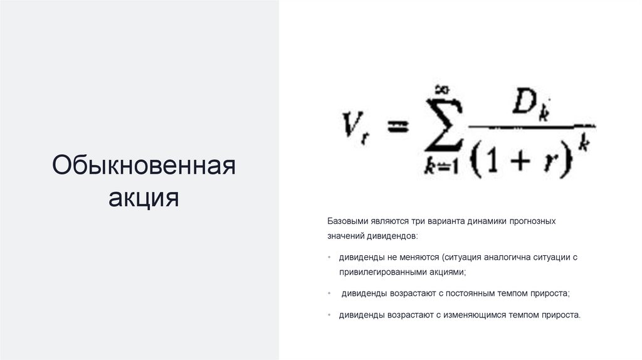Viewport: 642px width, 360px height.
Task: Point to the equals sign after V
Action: click(396, 127)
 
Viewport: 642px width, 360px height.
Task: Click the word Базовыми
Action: click(346, 221)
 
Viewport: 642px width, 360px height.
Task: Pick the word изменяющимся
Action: click(480, 314)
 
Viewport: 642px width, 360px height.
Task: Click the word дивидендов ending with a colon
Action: click(392, 236)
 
